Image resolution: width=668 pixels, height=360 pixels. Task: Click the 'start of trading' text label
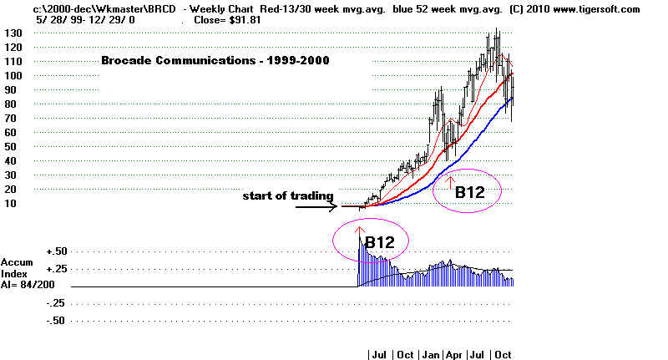[288, 196]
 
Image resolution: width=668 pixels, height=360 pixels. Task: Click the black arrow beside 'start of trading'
[315, 205]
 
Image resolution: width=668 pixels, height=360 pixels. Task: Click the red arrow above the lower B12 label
[360, 231]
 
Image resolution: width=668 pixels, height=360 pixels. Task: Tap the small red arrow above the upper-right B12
[451, 177]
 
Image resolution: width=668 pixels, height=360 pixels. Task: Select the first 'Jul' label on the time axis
[378, 354]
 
